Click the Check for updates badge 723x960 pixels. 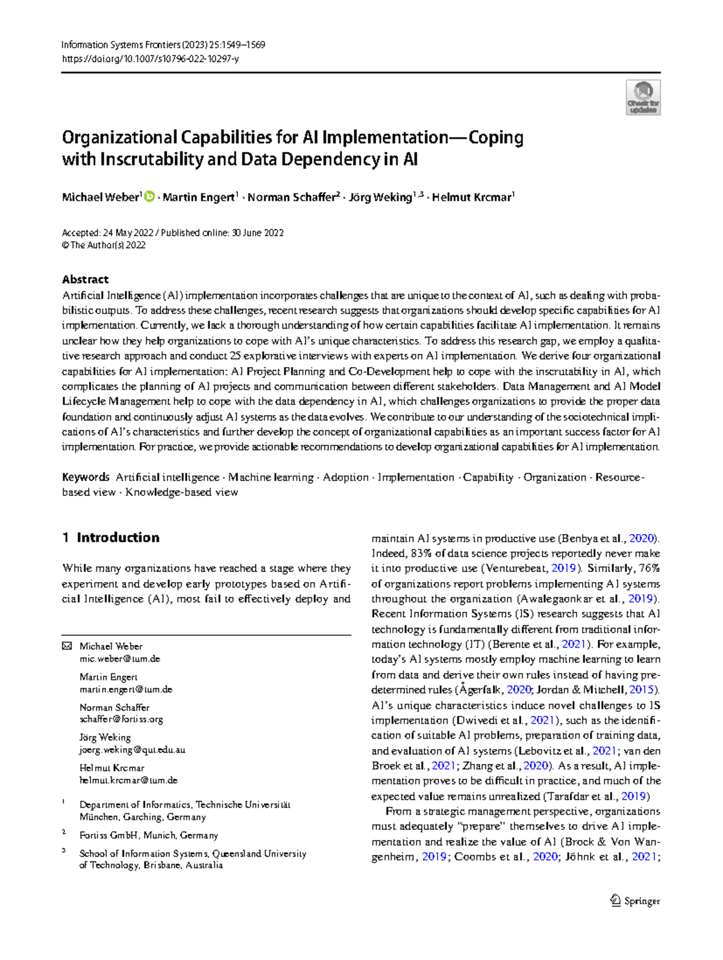click(643, 98)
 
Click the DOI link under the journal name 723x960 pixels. click(150, 59)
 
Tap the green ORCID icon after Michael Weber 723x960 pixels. click(149, 196)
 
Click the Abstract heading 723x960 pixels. click(85, 280)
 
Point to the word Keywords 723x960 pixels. click(86, 477)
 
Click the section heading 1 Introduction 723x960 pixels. click(111, 538)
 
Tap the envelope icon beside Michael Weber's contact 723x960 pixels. click(66, 646)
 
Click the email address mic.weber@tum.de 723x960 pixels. click(119, 659)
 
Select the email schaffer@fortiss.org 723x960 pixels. click(121, 719)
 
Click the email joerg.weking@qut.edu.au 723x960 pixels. click(132, 750)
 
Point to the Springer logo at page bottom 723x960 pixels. click(635, 901)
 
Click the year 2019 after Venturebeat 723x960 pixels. click(563, 568)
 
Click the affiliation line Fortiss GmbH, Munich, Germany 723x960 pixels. click(148, 835)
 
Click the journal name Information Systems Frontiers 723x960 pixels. click(120, 45)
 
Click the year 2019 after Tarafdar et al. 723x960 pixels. click(633, 796)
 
